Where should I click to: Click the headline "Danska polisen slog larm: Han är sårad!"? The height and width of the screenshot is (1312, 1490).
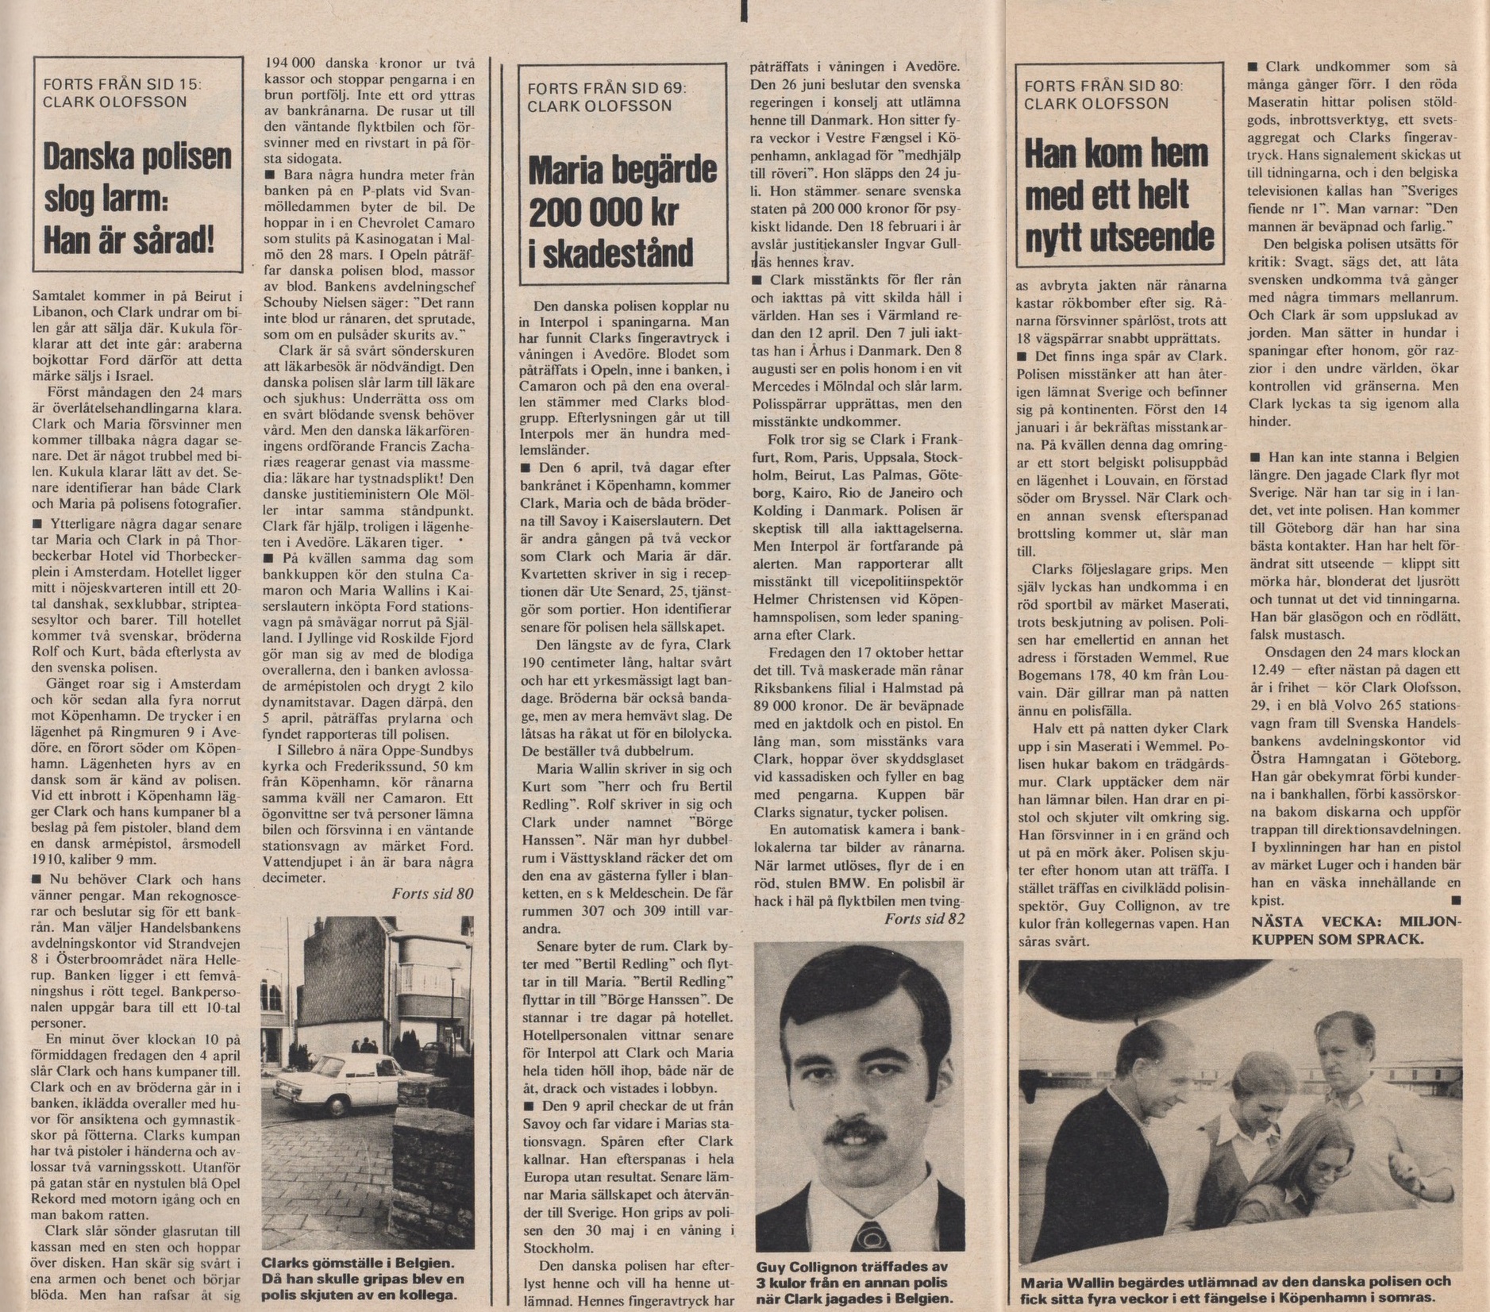point(137,198)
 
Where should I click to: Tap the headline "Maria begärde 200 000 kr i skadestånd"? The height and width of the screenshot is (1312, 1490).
point(622,213)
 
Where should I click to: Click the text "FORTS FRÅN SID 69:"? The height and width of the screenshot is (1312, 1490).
point(606,88)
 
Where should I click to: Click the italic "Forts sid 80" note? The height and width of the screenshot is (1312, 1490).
point(433,894)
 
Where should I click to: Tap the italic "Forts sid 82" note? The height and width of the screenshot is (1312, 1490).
point(925,919)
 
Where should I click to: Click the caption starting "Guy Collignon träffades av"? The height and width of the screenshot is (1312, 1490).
point(853,1283)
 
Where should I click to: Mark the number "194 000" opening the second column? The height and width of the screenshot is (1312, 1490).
point(291,63)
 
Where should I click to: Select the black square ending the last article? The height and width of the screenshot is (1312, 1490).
point(1454,900)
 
